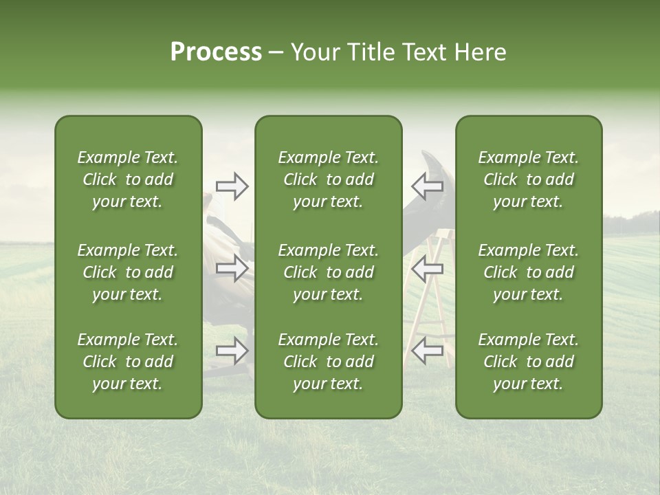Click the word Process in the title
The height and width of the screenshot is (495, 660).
point(216,52)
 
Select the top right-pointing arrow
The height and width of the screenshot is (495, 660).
point(232,186)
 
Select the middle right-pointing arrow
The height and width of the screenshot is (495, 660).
point(232,268)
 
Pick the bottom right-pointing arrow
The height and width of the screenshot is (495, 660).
point(232,351)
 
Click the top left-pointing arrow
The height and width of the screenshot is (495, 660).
point(427,185)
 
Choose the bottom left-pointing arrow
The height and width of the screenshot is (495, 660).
point(427,350)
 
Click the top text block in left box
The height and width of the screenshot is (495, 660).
point(128,179)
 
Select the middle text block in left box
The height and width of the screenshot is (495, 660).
point(128,272)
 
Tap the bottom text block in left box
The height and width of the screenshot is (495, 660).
point(128,362)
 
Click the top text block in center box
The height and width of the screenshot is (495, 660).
point(328,179)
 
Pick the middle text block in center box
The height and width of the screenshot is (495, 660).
point(328,272)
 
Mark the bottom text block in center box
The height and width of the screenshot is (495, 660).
point(328,362)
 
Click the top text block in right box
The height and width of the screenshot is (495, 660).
point(528,179)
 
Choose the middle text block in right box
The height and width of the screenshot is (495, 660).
point(528,272)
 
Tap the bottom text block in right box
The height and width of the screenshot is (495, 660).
point(528,362)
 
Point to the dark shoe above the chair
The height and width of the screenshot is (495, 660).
point(432,163)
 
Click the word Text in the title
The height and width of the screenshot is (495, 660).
point(422,52)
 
